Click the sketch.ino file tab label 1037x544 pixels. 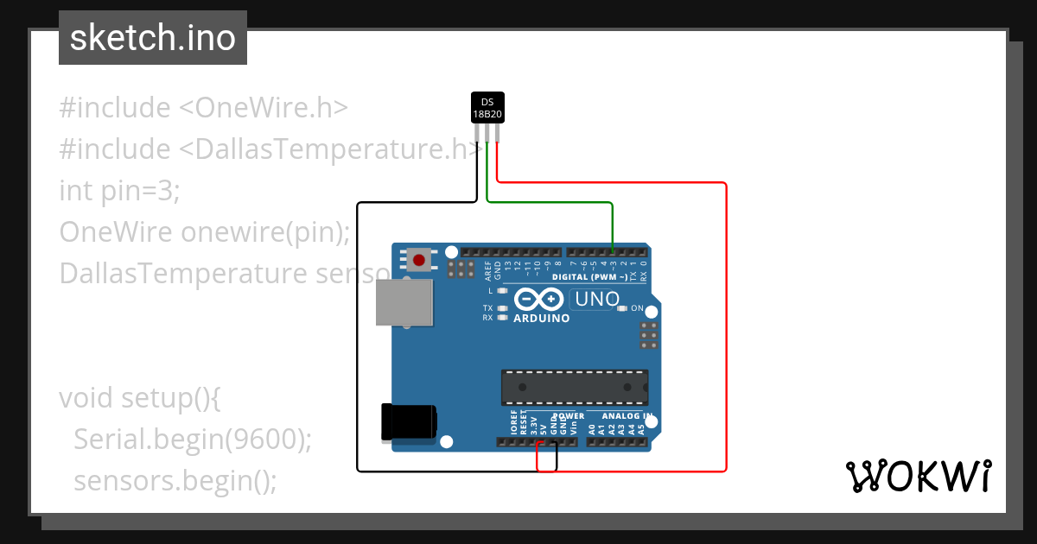[152, 38]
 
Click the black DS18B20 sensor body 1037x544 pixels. [487, 107]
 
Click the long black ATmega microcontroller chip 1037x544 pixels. [575, 387]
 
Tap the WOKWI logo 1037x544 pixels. [918, 475]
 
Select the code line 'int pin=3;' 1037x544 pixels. [119, 190]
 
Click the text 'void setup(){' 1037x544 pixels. [141, 398]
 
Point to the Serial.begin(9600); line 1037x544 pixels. [192, 440]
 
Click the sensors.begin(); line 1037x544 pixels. [175, 480]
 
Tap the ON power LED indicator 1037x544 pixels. [622, 308]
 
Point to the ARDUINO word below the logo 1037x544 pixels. [541, 318]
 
